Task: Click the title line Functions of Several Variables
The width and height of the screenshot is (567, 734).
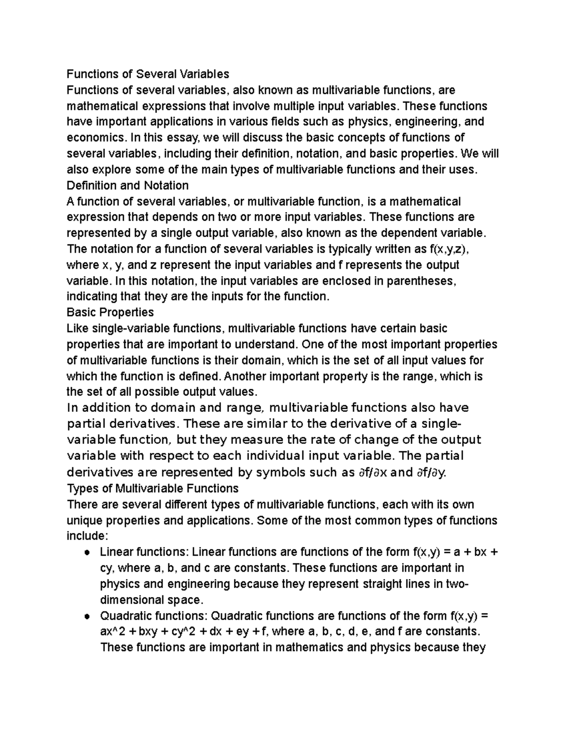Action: [147, 74]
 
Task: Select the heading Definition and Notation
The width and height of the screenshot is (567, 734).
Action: [128, 185]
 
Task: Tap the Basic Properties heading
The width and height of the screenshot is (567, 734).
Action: [110, 312]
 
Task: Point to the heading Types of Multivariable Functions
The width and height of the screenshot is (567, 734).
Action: [153, 488]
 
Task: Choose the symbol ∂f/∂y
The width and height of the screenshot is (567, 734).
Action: [431, 472]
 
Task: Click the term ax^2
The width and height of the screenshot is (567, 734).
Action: [112, 632]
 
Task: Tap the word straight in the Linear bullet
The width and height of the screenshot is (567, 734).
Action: [378, 584]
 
